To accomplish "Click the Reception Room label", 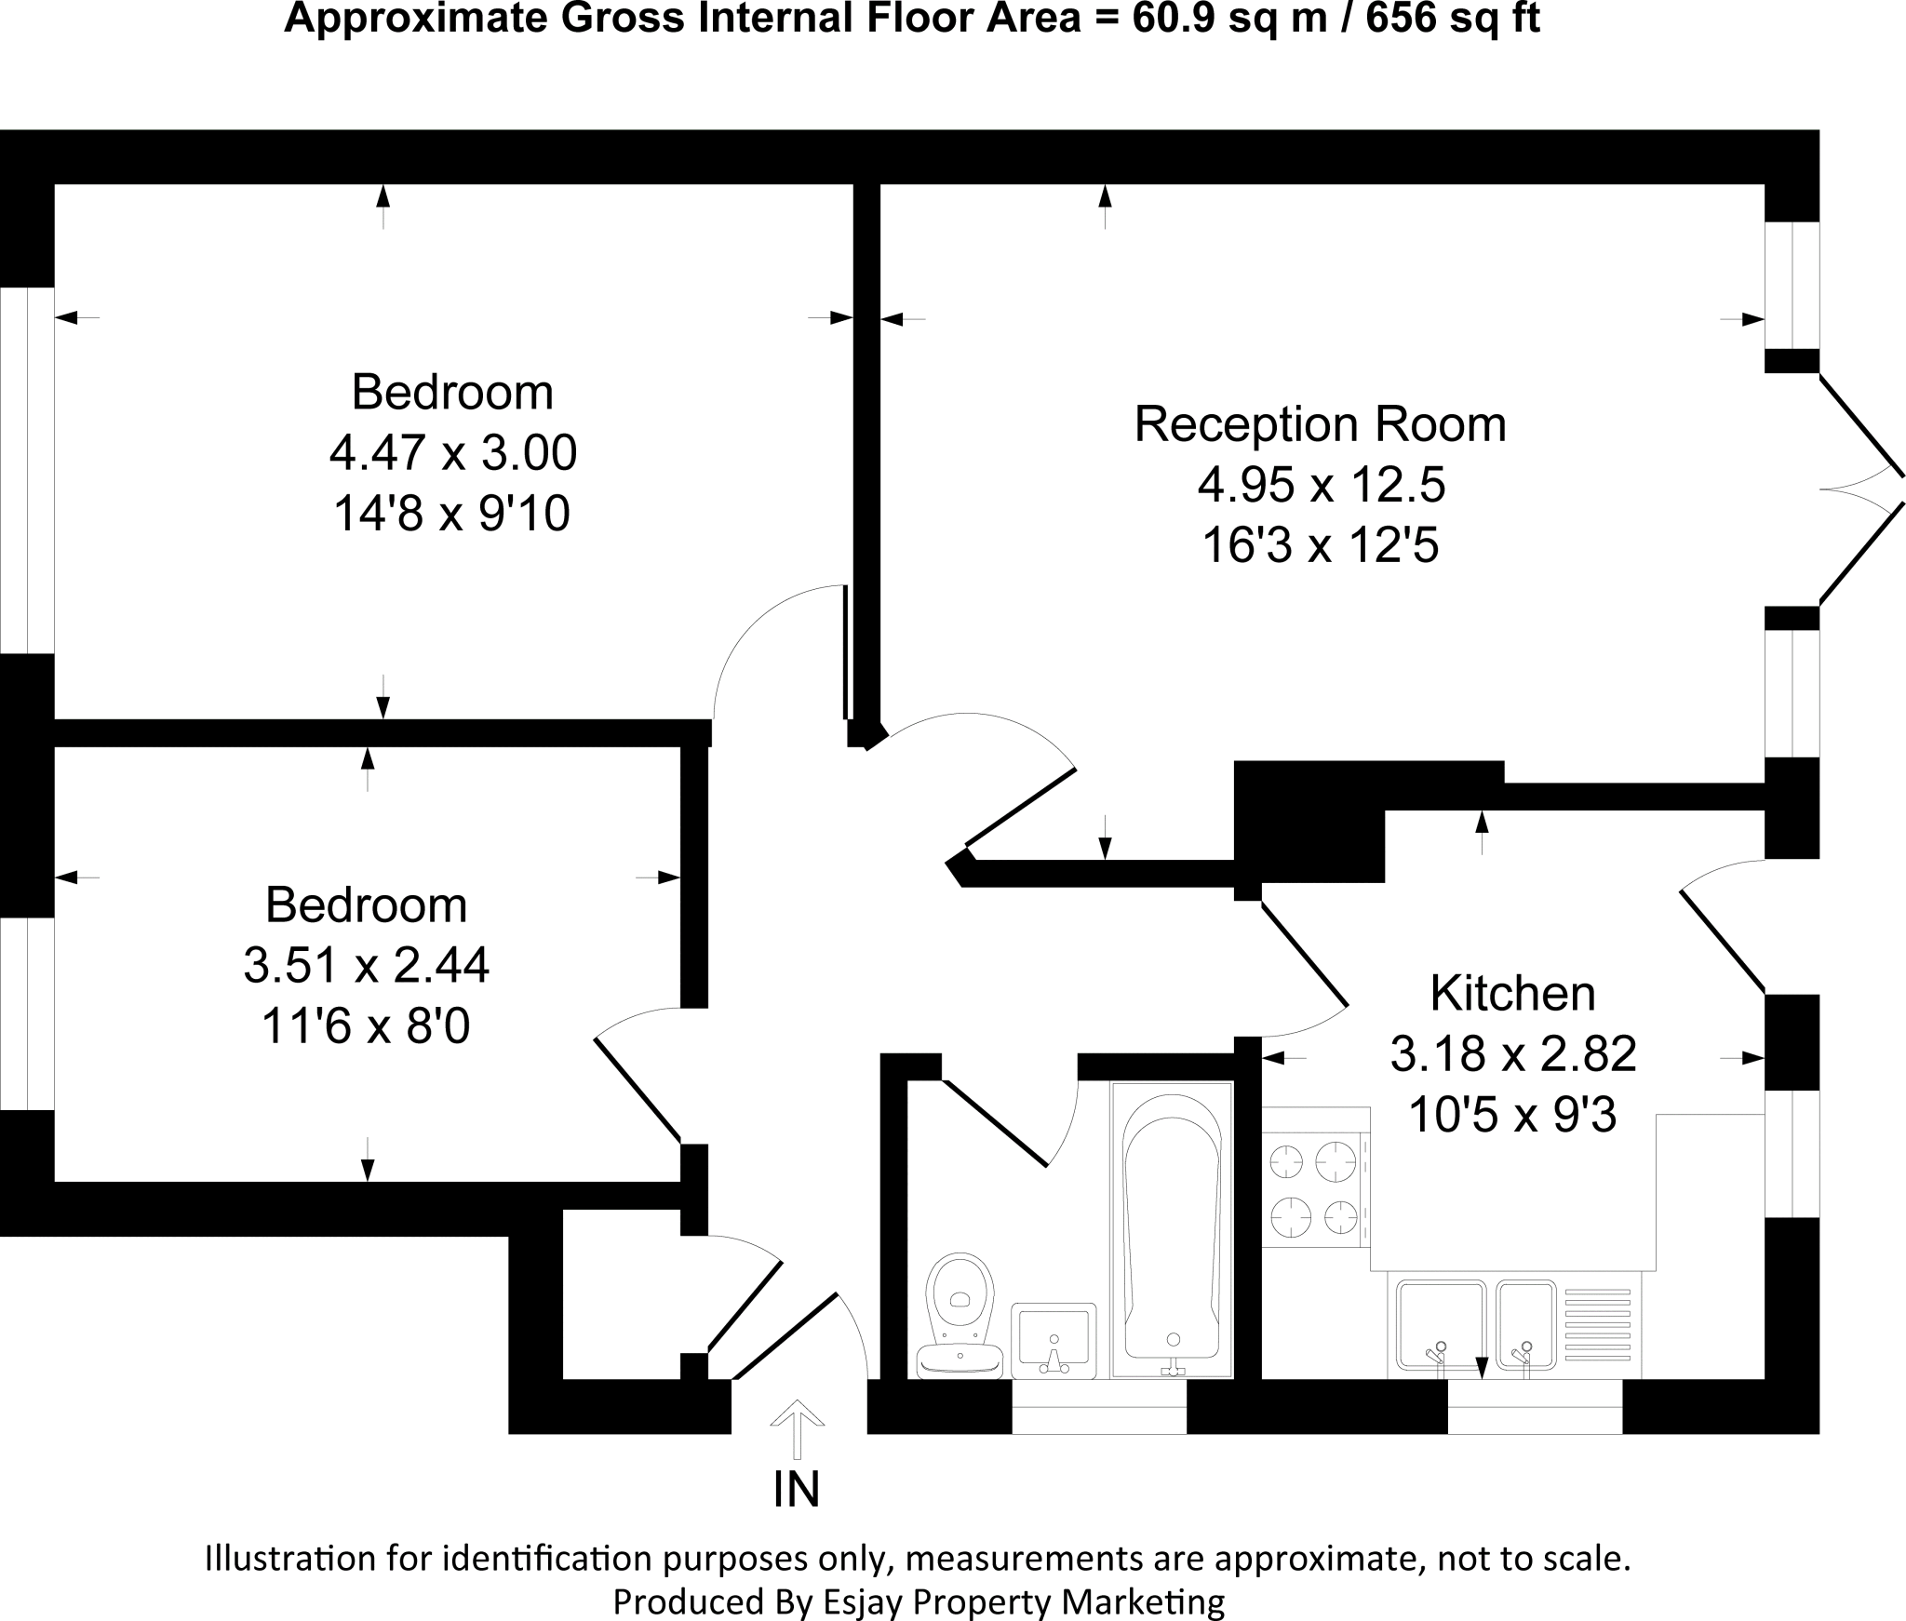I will [1320, 424].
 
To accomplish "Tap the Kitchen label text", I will [1512, 993].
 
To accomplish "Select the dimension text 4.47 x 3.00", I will [452, 453].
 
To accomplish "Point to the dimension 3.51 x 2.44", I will [366, 965].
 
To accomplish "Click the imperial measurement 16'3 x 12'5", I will [1320, 545].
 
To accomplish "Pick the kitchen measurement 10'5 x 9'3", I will [1512, 1114].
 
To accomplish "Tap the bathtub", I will [1172, 1227].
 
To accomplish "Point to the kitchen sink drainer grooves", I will [1598, 1326].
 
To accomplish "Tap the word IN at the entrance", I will [797, 1490].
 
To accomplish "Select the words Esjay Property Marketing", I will [1024, 1601].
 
